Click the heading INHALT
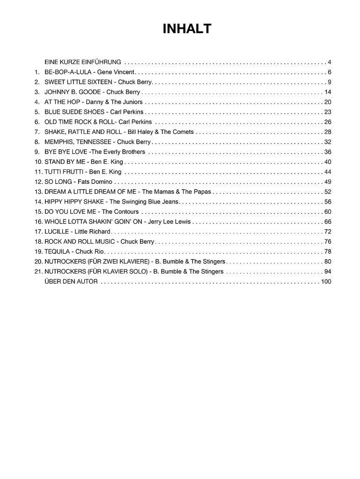[187, 29]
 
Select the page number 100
[326, 282]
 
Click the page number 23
[327, 112]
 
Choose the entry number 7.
[37, 132]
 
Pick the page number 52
[327, 192]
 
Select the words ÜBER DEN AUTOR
[71, 282]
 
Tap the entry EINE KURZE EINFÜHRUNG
[83, 62]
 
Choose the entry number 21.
[38, 272]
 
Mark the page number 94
[327, 272]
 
